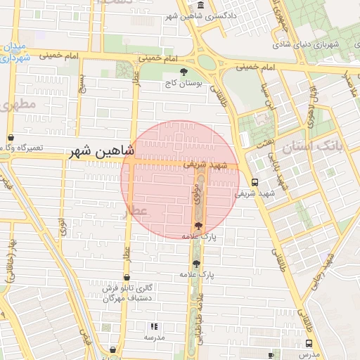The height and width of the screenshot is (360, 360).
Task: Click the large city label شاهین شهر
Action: pyautogui.click(x=102, y=151)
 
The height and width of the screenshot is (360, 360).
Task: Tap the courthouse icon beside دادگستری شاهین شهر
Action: pyautogui.click(x=201, y=6)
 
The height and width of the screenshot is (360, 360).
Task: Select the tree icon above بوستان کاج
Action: pyautogui.click(x=184, y=72)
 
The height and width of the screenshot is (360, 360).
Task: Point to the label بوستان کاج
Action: pyautogui.click(x=184, y=83)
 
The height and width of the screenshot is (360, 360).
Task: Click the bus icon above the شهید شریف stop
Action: pyautogui.click(x=254, y=181)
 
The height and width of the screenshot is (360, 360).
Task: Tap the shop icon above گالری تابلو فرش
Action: pyautogui.click(x=127, y=278)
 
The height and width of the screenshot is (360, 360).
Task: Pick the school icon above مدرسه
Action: pyautogui.click(x=155, y=326)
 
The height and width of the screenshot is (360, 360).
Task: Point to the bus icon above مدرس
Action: pyautogui.click(x=309, y=343)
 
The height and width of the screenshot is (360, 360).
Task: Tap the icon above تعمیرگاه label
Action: pyautogui.click(x=10, y=139)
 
